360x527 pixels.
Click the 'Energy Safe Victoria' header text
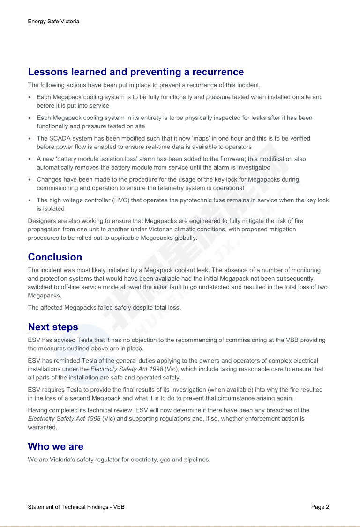click(53, 22)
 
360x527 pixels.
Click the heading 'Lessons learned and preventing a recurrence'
click(136, 72)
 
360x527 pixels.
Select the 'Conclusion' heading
click(55, 257)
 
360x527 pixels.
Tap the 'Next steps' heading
click(53, 327)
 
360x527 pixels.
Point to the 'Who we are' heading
click(56, 446)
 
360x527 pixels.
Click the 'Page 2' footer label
click(320, 507)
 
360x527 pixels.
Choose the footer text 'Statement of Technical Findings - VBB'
click(76, 507)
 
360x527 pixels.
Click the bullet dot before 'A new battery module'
click(30, 159)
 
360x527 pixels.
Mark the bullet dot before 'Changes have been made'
click(30, 180)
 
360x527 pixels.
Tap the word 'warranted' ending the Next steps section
click(42, 427)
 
